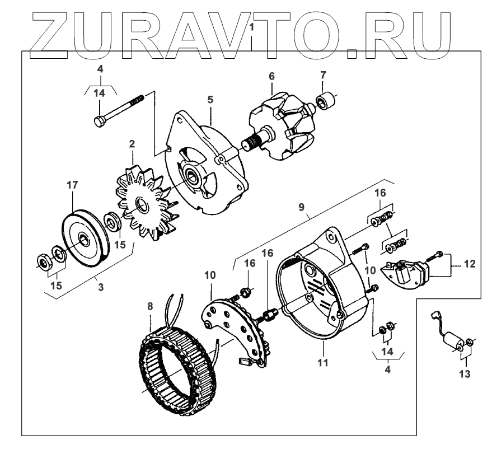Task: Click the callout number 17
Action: click(73, 184)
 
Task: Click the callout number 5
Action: click(210, 100)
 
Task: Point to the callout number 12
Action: click(470, 264)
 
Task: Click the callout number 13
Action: click(465, 373)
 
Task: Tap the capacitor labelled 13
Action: click(452, 339)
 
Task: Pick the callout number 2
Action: click(132, 144)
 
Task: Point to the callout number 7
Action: click(323, 74)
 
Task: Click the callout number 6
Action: click(271, 75)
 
